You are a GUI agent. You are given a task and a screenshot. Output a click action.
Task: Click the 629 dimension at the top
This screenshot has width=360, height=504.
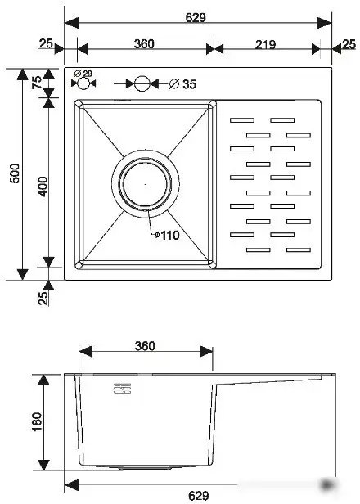196,17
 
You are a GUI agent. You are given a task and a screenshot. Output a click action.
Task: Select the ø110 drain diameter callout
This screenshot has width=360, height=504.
167,235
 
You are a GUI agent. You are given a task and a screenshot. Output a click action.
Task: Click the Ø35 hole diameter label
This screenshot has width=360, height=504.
183,84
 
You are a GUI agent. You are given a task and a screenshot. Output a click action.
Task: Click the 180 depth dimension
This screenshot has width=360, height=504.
37,422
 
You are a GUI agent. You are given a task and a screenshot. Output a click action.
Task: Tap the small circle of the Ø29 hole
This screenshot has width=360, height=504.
82,84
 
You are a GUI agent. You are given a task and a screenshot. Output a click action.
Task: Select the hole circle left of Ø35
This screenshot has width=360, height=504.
142,83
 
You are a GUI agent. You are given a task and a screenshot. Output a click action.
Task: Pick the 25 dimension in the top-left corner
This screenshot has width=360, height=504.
45,44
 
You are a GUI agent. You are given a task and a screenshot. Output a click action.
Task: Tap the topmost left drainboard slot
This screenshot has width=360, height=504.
242,121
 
